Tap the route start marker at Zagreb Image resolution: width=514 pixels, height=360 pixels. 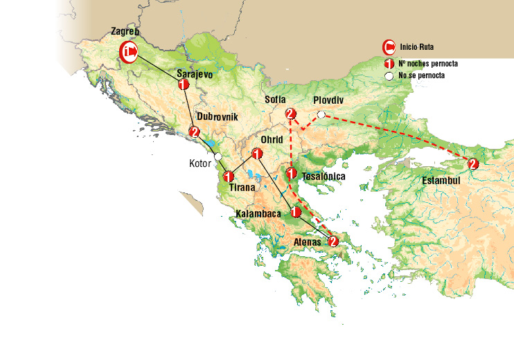coord(129,51)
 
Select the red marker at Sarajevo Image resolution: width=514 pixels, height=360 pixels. coord(184,84)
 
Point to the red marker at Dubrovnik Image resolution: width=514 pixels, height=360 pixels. coord(195,132)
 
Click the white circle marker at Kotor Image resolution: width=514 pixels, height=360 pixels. coord(218,156)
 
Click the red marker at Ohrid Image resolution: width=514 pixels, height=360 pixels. coord(256,154)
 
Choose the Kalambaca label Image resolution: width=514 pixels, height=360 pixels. coord(258,214)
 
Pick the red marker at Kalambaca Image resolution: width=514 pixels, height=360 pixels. coord(296,212)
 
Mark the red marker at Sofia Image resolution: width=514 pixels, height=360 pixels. coord(291,114)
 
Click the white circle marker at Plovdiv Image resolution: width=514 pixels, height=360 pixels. coord(321,114)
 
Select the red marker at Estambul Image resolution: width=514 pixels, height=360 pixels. coord(472,164)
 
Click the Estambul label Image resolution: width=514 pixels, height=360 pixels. coord(441,181)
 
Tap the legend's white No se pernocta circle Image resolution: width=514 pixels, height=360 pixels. coord(390,75)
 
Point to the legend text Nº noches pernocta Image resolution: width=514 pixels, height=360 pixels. coord(427,63)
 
